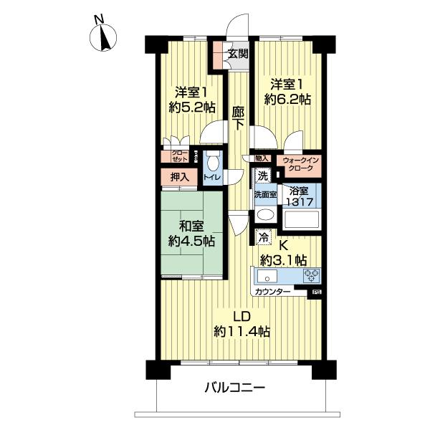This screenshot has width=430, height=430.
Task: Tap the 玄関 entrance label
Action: click(238, 54)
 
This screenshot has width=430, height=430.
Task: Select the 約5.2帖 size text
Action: click(192, 107)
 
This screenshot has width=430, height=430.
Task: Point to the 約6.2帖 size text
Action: click(287, 100)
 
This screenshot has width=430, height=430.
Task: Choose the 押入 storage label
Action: click(179, 176)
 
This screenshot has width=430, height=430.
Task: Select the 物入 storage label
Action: click(262, 158)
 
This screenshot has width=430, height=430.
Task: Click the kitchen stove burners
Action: click(312, 275)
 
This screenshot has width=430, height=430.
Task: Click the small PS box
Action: click(315, 292)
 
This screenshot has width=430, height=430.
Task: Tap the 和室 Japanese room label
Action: click(190, 234)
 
